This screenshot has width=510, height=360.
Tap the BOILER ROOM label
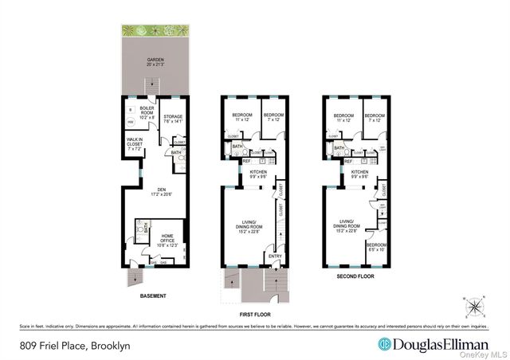[147, 112]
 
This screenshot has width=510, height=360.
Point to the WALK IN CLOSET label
[135, 143]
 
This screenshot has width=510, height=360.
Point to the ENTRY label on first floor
[276, 256]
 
